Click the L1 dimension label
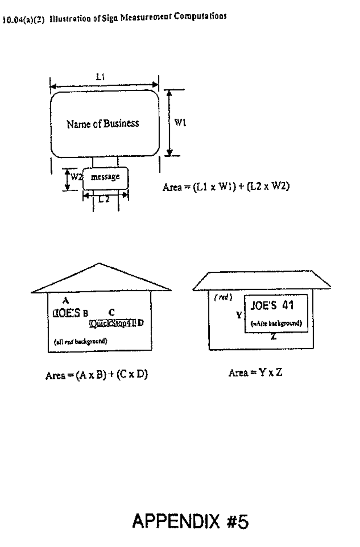pos(100,77)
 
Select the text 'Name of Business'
pos(103,124)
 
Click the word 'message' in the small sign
pos(105,177)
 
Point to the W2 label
pos(76,177)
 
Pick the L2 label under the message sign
pos(104,199)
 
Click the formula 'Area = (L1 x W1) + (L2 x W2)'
pos(226,187)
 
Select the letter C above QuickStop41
pos(112,312)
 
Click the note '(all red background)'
pos(80,341)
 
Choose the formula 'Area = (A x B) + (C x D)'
pos(97,375)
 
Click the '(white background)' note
pos(276,323)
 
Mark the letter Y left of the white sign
pos(239,315)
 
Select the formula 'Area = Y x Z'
pos(255,373)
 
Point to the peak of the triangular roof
pos(99,264)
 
